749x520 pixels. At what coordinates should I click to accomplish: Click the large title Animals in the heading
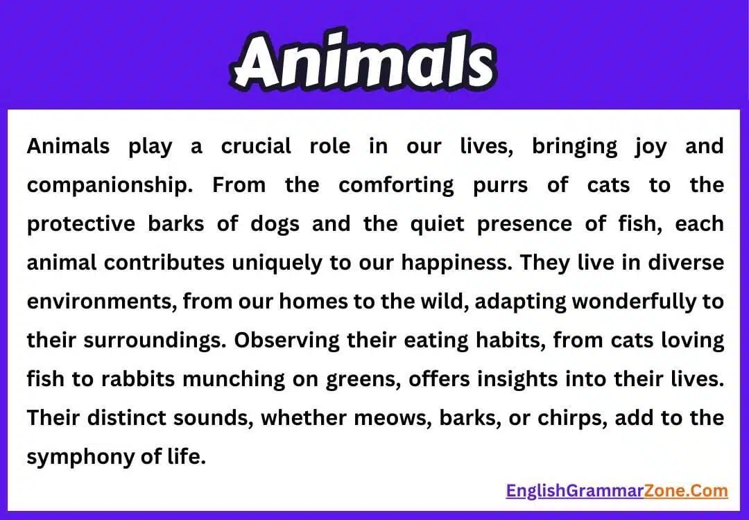[x=363, y=64]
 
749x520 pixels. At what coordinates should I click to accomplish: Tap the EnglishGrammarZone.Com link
[x=617, y=491]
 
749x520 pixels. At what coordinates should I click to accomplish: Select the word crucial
[x=256, y=147]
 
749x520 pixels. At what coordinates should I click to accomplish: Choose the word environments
[x=90, y=302]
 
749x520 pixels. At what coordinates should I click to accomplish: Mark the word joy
[x=649, y=147]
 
